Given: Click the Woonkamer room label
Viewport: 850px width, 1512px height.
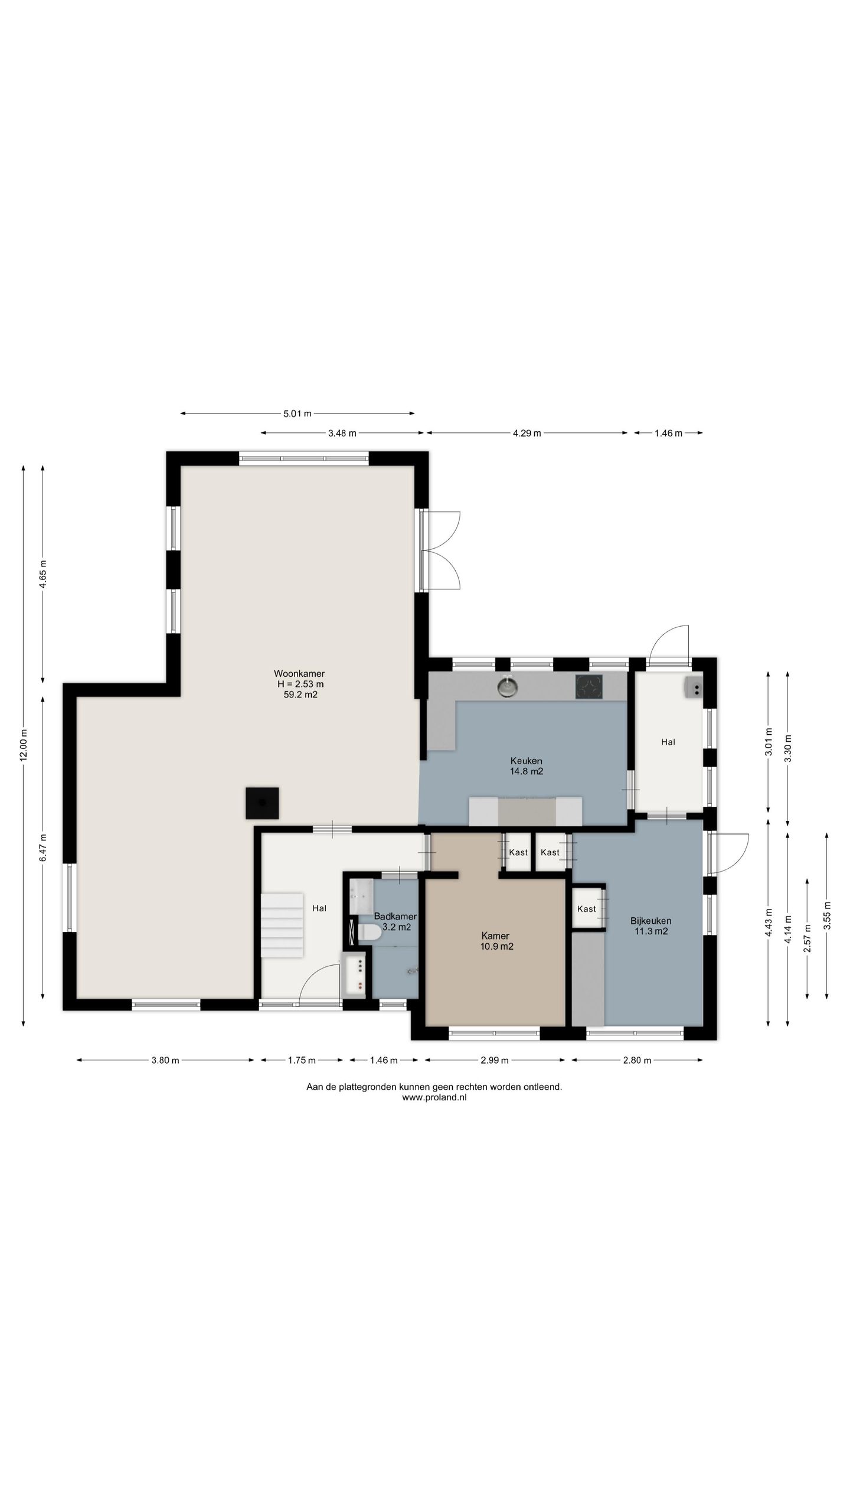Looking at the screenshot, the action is pyautogui.click(x=299, y=673).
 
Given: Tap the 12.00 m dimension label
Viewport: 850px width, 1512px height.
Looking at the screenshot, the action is pyautogui.click(x=24, y=746).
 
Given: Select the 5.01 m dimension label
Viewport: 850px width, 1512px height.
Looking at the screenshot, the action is pyautogui.click(x=297, y=413).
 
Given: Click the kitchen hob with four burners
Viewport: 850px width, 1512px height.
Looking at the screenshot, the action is pyautogui.click(x=589, y=687).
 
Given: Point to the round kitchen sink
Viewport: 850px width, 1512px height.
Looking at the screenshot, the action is pyautogui.click(x=506, y=687).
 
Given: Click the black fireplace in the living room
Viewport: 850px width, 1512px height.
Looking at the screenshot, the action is pyautogui.click(x=262, y=803).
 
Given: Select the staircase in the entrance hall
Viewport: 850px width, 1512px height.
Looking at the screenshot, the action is pyautogui.click(x=283, y=925).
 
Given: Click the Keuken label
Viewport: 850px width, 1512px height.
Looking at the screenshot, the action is pyautogui.click(x=526, y=761).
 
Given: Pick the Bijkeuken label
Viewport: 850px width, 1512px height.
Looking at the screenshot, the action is pyautogui.click(x=650, y=921).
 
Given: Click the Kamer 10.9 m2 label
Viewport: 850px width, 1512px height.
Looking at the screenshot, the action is pyautogui.click(x=496, y=941).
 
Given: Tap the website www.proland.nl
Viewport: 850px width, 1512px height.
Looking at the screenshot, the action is pyautogui.click(x=434, y=1097).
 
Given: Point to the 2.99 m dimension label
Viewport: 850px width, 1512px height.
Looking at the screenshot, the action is pyautogui.click(x=495, y=1060).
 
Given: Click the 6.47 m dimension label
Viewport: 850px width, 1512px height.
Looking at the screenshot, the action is pyautogui.click(x=43, y=848).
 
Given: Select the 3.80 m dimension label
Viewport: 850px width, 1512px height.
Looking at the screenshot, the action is pyautogui.click(x=165, y=1060).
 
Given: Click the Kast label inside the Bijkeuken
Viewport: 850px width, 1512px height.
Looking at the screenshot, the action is pyautogui.click(x=587, y=909).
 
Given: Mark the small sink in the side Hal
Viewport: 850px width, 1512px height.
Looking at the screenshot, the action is pyautogui.click(x=694, y=688).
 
